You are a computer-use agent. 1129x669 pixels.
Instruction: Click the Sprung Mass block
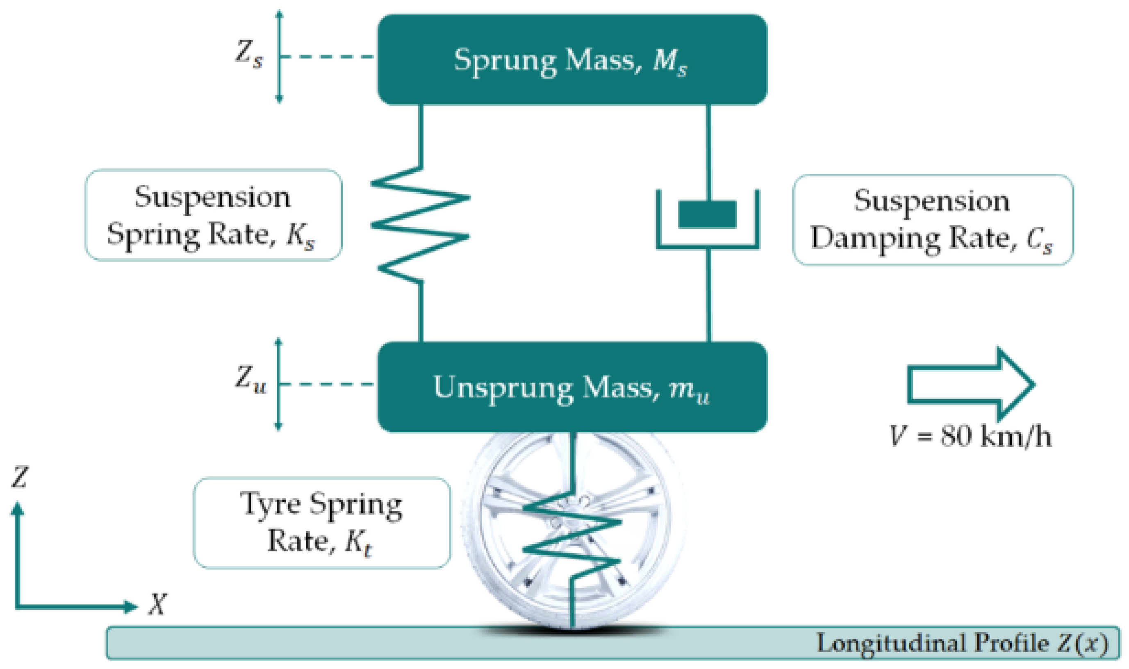tap(572, 59)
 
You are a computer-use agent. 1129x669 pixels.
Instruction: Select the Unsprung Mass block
tap(572, 387)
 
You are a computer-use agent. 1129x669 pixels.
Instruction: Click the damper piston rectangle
tap(707, 214)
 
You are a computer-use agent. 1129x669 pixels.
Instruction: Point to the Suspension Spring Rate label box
tap(213, 215)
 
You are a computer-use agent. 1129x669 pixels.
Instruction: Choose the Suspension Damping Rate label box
tap(933, 220)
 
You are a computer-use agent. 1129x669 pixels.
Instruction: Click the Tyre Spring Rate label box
tap(321, 523)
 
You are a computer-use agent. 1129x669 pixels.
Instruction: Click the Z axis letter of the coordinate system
tap(19, 477)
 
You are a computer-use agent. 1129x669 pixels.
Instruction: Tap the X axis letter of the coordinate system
tap(157, 604)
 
